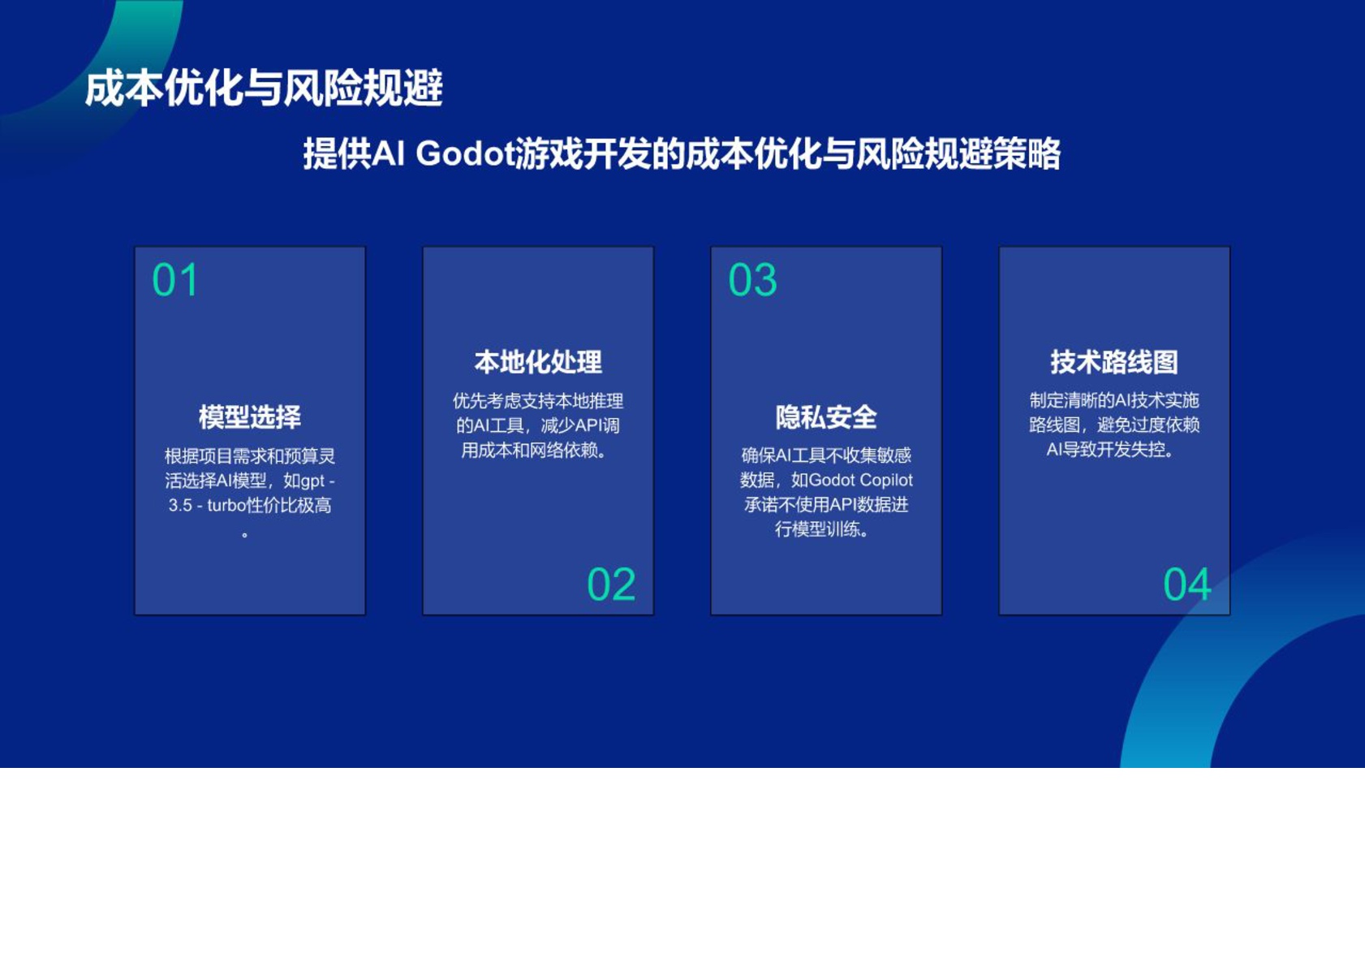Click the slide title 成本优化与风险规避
click(x=264, y=88)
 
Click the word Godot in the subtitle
click(x=465, y=153)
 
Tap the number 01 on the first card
click(x=174, y=281)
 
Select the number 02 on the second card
click(x=610, y=584)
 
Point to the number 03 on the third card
click(x=752, y=281)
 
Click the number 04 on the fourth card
click(x=1186, y=584)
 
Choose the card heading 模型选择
click(x=250, y=417)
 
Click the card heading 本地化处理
click(x=538, y=362)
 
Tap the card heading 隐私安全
click(x=826, y=417)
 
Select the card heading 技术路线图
click(x=1114, y=362)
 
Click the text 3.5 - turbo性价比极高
click(x=250, y=506)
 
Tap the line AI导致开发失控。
click(x=1111, y=450)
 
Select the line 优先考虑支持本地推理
click(x=538, y=401)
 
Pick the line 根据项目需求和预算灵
click(x=250, y=456)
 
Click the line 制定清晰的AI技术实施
click(x=1114, y=400)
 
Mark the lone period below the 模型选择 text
click(x=245, y=534)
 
